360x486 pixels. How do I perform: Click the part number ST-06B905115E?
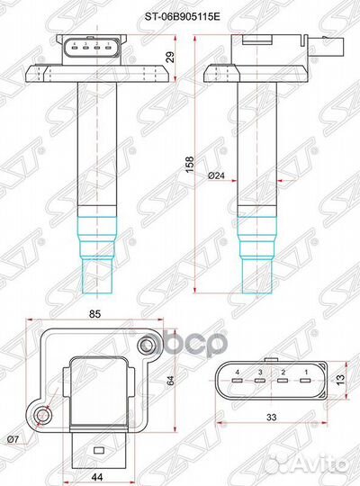click(x=180, y=15)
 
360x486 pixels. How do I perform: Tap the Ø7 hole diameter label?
click(x=13, y=437)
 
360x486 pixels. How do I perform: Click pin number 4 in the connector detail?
click(x=238, y=371)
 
